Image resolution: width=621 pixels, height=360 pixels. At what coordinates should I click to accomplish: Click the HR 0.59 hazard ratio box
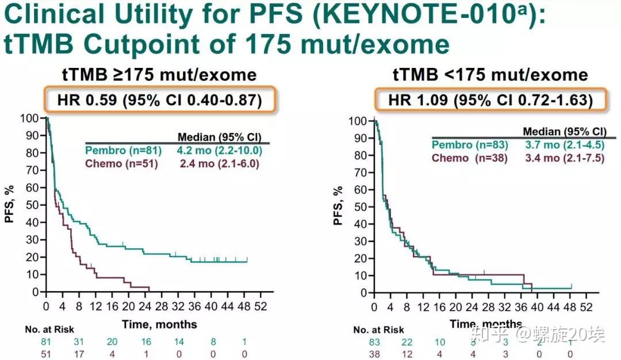[159, 101]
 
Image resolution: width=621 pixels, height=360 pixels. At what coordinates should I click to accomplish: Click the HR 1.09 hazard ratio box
[490, 101]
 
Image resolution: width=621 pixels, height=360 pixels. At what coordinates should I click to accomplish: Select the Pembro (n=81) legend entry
[121, 150]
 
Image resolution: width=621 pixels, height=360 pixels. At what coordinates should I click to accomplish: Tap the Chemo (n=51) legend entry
[121, 163]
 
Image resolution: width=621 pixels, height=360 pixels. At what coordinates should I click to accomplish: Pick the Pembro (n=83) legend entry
[469, 144]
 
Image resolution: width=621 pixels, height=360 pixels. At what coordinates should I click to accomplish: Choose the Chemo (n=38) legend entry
[469, 158]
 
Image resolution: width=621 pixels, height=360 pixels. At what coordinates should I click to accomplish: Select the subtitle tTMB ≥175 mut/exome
[159, 75]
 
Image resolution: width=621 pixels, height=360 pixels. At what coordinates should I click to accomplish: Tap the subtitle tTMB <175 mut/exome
[490, 75]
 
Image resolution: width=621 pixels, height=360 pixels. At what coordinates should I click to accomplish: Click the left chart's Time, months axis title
[159, 324]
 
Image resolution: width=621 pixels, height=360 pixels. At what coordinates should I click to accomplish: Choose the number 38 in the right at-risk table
[374, 354]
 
